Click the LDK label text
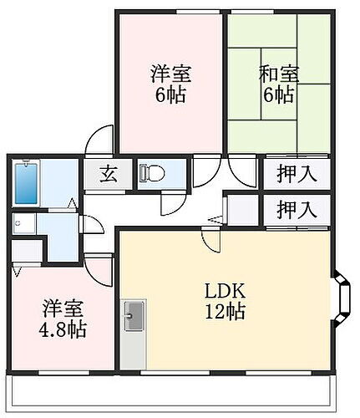pos(225,293)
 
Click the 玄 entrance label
pos(109,175)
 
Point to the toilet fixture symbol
pos(151,174)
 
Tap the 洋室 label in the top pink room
pos(170,73)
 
